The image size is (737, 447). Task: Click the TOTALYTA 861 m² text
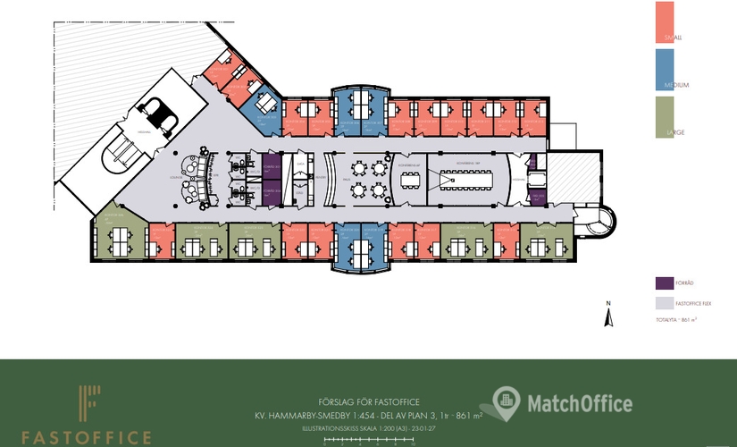pos(675,319)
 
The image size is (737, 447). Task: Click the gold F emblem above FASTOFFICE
pos(88,405)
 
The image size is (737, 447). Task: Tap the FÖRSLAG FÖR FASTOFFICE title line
pos(368,401)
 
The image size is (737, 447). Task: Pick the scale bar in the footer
pos(368,440)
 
